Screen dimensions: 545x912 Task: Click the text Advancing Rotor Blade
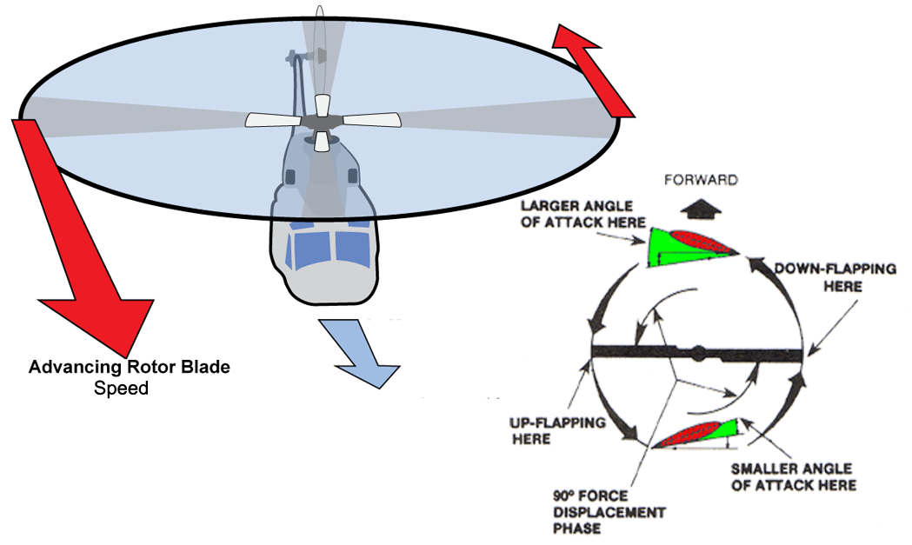pyautogui.click(x=130, y=368)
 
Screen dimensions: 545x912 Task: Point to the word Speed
pyautogui.click(x=121, y=388)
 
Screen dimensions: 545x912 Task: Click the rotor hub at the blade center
pyautogui.click(x=322, y=120)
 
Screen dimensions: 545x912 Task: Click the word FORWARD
pyautogui.click(x=701, y=180)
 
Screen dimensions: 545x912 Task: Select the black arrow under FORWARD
pyautogui.click(x=702, y=208)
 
